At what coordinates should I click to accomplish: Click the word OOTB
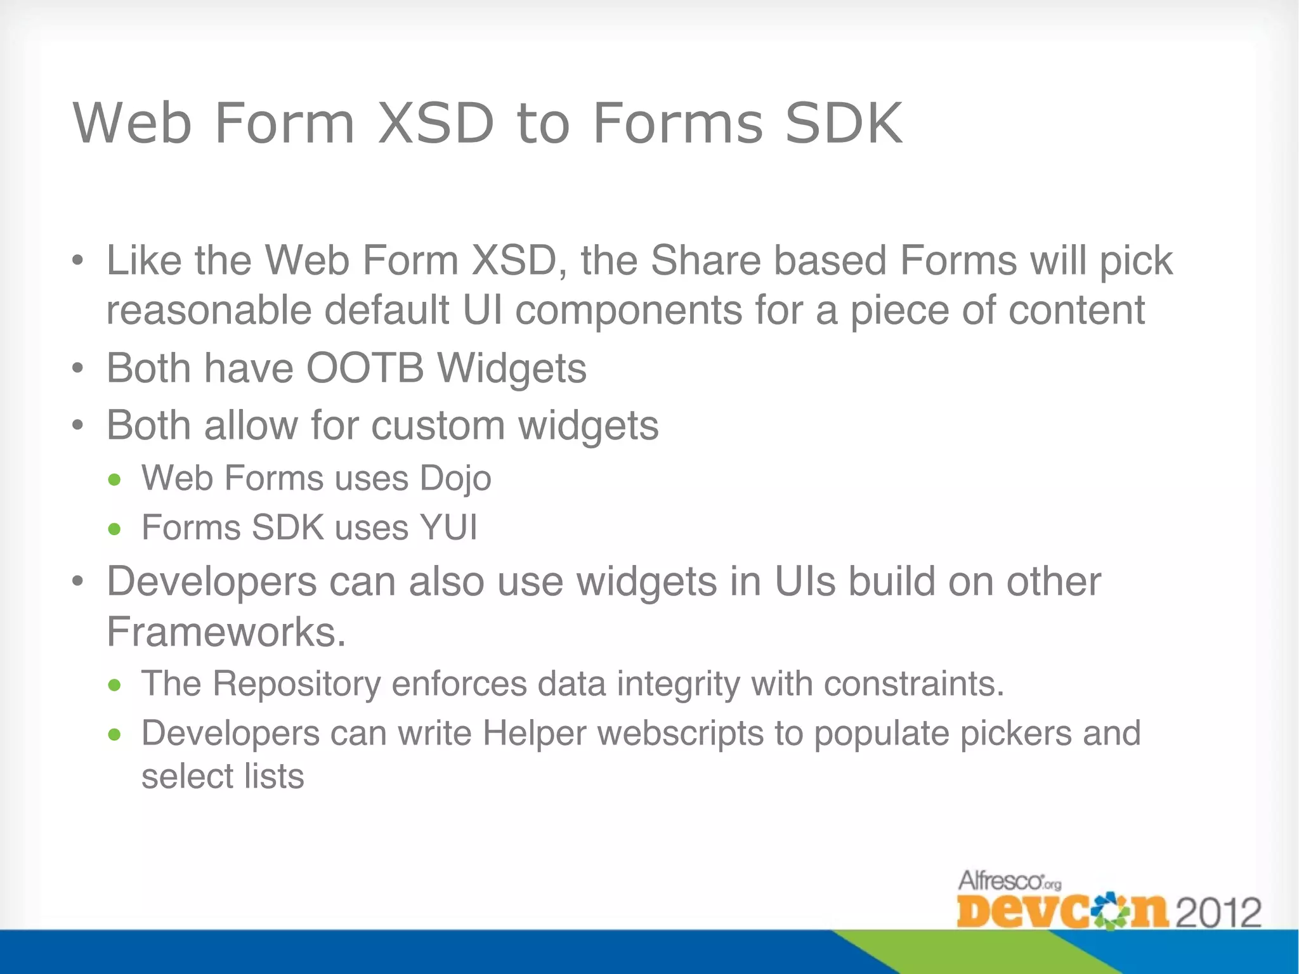click(x=365, y=368)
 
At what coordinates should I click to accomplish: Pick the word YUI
click(x=448, y=528)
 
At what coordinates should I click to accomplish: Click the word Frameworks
click(x=226, y=632)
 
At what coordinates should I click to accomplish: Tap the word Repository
click(x=296, y=684)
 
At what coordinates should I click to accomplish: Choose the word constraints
click(x=914, y=684)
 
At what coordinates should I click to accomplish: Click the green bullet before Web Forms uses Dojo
click(x=114, y=480)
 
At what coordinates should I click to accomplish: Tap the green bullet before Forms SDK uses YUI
click(x=114, y=529)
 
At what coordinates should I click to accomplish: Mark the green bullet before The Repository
click(x=114, y=685)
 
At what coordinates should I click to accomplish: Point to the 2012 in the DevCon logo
click(x=1219, y=913)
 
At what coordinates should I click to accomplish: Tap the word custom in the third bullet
click(x=438, y=425)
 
